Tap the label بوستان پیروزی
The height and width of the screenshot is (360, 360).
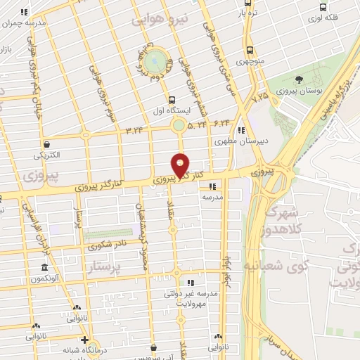click(299, 91)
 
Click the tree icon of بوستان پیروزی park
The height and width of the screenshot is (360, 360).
click(300, 79)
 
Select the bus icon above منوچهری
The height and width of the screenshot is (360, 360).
click(250, 50)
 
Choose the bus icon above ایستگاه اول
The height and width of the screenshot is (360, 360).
click(172, 100)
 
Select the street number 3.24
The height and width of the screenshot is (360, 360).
click(134, 130)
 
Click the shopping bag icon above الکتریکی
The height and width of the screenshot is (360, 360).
click(46, 143)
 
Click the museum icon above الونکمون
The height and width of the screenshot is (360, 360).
click(44, 269)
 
